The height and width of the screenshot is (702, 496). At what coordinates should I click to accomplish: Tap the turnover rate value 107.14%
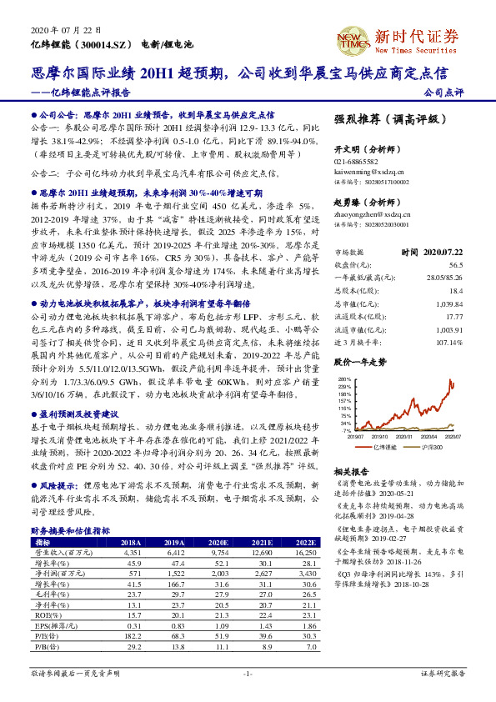pos(448,343)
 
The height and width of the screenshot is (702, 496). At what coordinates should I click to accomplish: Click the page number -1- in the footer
pos(247,672)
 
